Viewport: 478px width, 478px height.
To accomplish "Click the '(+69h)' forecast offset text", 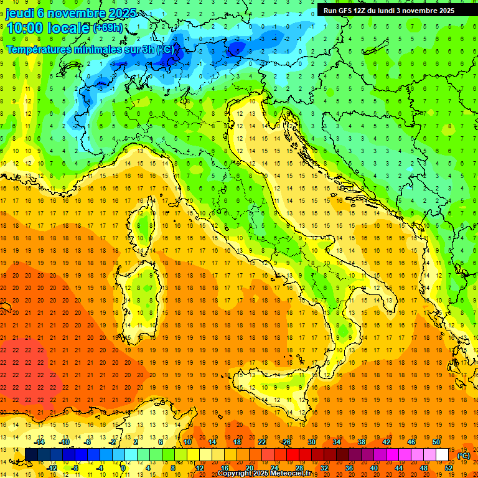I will pyautogui.click(x=108, y=28).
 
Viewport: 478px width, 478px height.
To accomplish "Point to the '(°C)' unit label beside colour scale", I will pyautogui.click(x=463, y=456).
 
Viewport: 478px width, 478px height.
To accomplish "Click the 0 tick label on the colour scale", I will pyautogui.click(x=123, y=468).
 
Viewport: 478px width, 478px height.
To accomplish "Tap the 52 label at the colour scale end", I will pyautogui.click(x=449, y=468).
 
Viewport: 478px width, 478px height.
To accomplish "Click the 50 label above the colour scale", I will pyautogui.click(x=436, y=442).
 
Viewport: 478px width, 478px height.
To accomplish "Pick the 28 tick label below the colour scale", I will pyautogui.click(x=299, y=468).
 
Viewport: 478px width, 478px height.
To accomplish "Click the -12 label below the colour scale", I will pyautogui.click(x=52, y=468).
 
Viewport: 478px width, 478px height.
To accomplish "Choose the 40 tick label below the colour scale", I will pyautogui.click(x=373, y=468).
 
